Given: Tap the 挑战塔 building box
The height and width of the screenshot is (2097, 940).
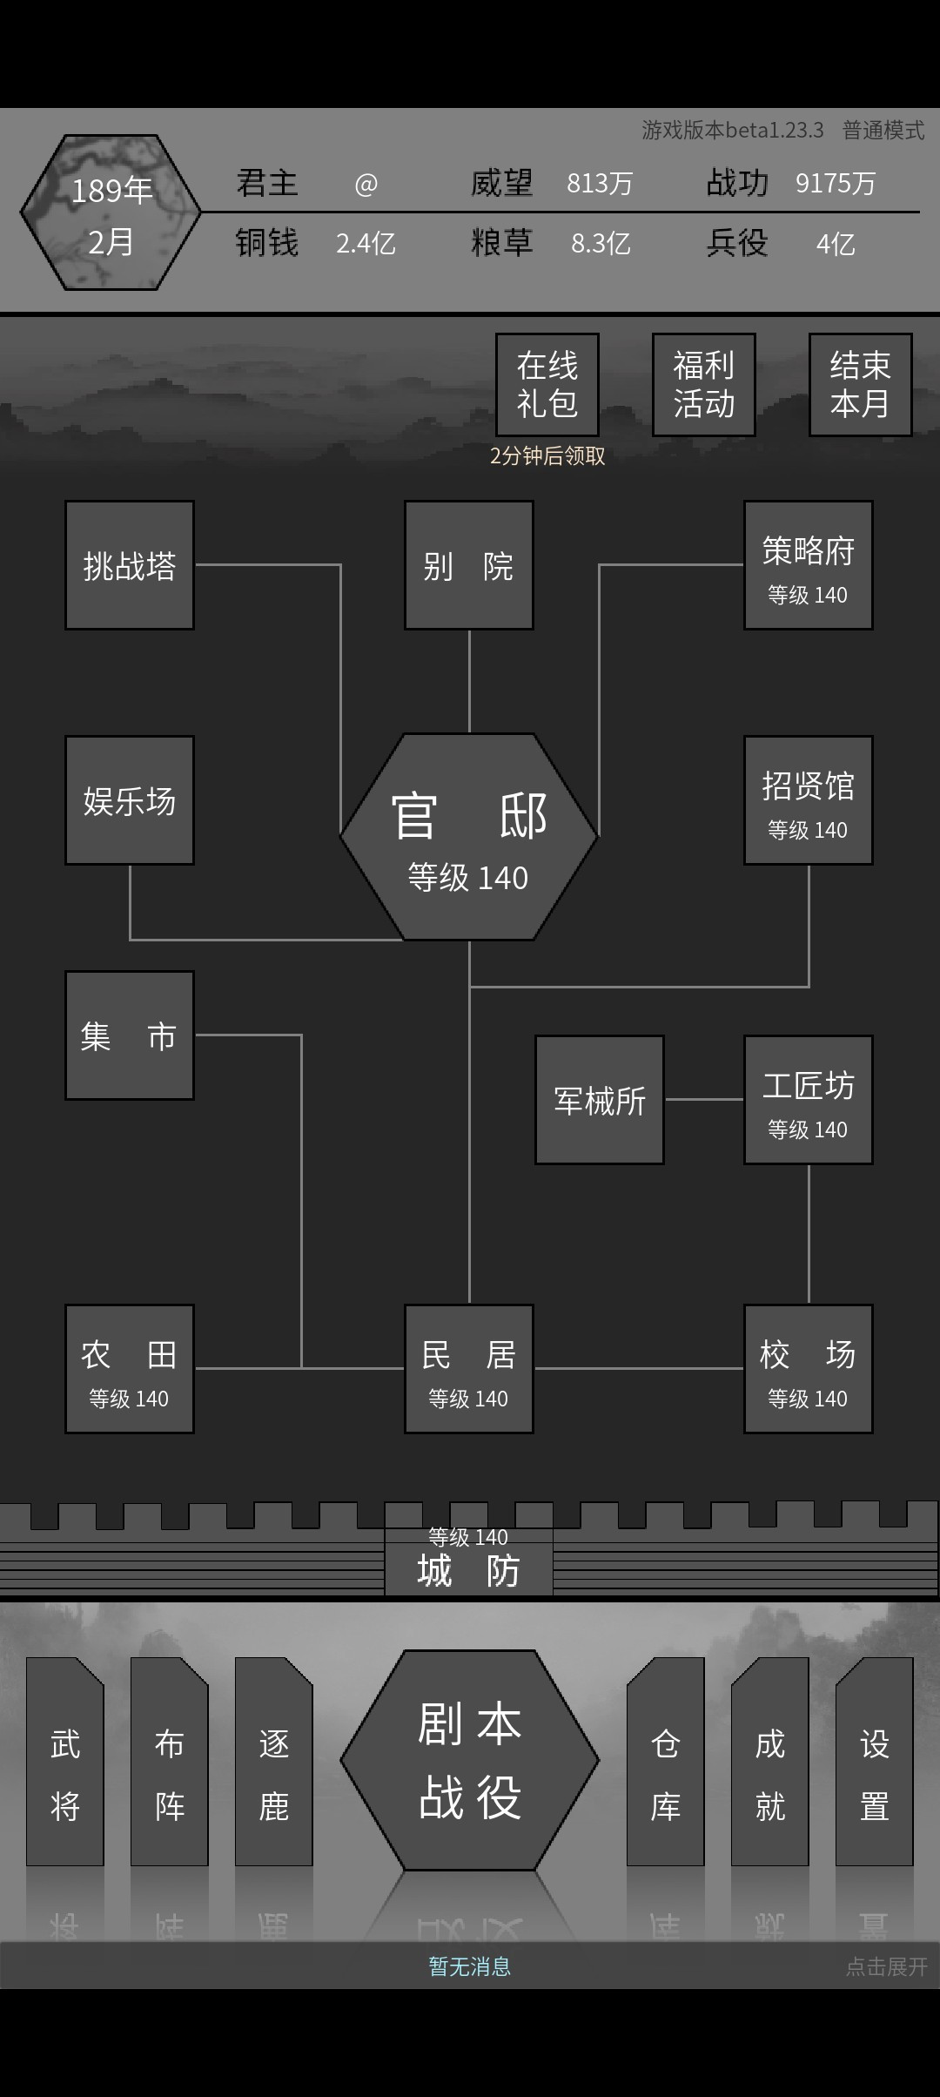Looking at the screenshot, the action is (130, 565).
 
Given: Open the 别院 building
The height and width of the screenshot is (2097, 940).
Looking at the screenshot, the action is (469, 565).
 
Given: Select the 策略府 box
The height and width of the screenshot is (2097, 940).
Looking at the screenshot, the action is (809, 565).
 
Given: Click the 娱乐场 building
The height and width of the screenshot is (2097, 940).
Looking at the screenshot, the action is (130, 800).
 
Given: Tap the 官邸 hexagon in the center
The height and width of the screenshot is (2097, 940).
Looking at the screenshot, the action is (469, 837).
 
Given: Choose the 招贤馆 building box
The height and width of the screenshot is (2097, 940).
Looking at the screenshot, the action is (809, 800).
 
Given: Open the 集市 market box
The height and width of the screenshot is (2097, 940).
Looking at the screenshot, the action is (130, 1035).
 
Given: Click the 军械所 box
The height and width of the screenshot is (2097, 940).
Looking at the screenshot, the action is (600, 1100).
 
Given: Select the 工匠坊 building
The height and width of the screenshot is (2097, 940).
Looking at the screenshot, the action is (809, 1100).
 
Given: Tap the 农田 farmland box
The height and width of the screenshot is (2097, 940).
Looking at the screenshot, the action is (130, 1369).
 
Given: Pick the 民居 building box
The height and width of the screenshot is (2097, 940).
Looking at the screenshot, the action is (469, 1369).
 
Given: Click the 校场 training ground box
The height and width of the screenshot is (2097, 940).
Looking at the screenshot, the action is (809, 1369).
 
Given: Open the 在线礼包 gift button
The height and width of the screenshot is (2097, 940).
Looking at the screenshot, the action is (547, 385).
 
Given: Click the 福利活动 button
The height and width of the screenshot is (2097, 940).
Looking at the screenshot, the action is (704, 385).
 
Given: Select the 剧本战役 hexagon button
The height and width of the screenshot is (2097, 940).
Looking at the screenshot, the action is (470, 1760).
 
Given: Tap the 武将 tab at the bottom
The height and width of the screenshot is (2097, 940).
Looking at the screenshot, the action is (65, 1762).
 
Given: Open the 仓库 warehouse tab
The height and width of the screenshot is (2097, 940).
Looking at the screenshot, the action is (666, 1762).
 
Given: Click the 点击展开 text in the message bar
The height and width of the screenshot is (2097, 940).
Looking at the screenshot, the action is (887, 1967).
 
